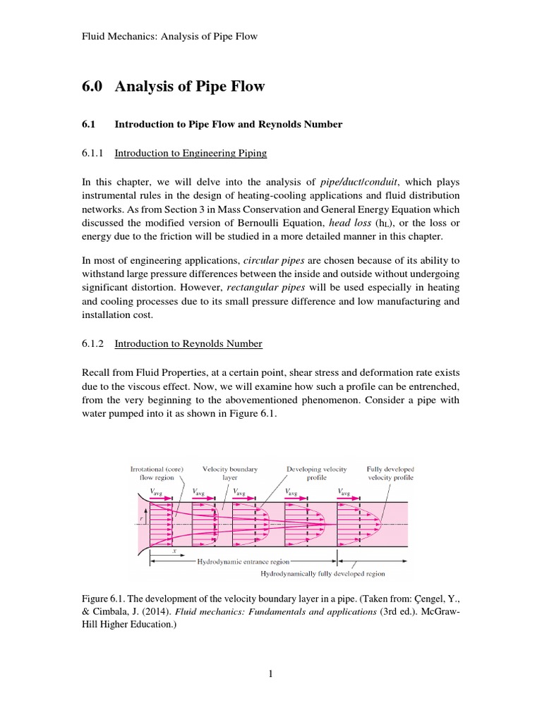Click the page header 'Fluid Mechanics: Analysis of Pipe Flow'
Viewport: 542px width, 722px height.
170,35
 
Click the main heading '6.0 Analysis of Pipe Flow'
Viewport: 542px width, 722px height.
174,87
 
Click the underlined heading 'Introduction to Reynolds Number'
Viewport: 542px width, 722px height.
188,343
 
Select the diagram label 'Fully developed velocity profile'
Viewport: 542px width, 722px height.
390,472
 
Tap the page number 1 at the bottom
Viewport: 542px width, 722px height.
270,673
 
